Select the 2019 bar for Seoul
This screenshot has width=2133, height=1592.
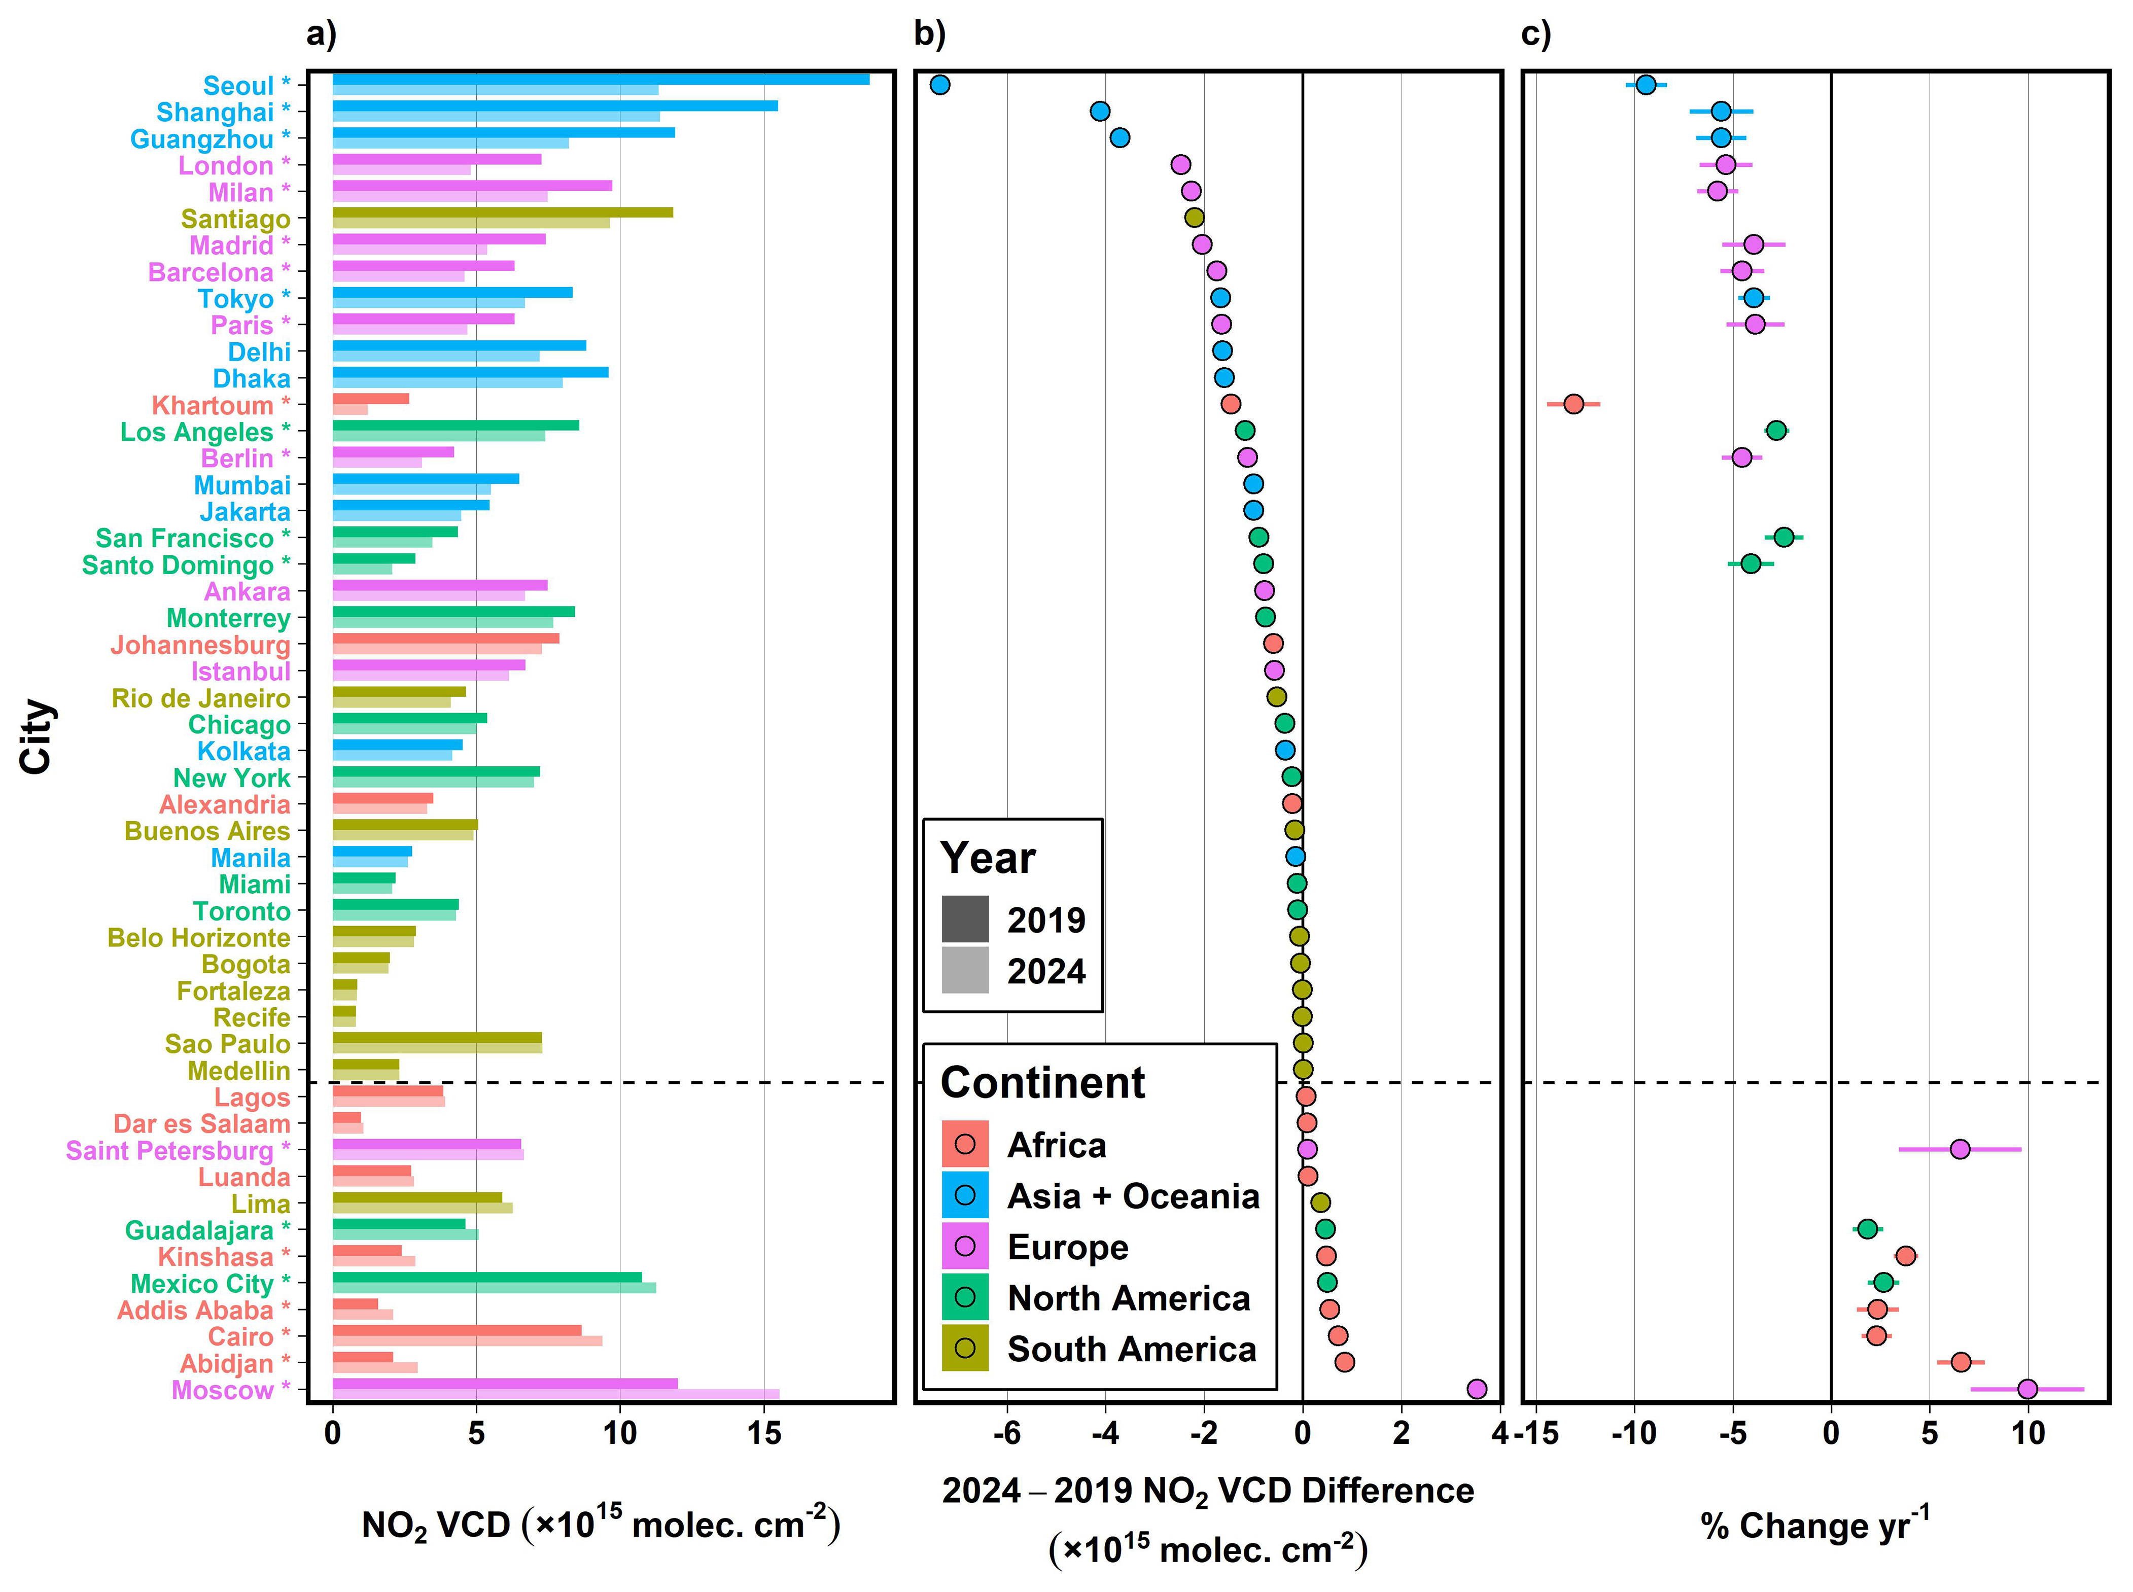601,79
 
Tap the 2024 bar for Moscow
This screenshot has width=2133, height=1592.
555,1394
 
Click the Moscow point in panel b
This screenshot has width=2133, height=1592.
1476,1389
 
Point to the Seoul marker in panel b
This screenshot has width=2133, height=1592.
940,85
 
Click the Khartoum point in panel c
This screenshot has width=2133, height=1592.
1573,404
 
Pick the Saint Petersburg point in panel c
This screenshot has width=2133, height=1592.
1960,1149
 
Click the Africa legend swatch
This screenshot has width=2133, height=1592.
965,1144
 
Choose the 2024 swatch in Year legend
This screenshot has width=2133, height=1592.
965,970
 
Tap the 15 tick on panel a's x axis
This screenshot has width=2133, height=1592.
763,1433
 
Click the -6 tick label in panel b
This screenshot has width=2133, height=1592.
1006,1433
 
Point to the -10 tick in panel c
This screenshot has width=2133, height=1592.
1634,1433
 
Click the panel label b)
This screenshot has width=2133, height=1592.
929,34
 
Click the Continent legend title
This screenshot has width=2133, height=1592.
1042,1082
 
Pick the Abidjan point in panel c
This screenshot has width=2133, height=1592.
1961,1362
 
